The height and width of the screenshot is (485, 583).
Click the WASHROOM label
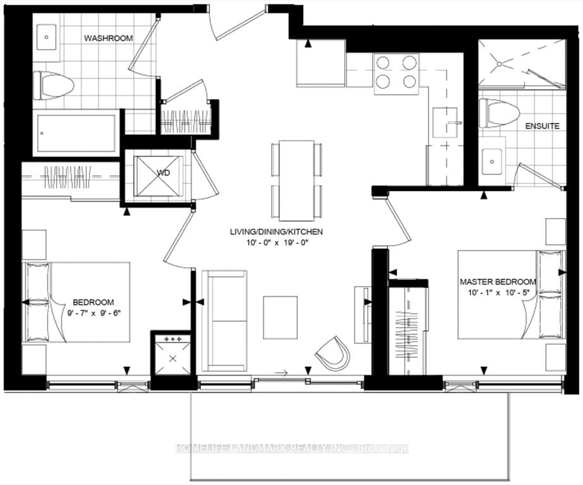(108, 38)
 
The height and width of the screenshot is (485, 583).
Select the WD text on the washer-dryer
(163, 173)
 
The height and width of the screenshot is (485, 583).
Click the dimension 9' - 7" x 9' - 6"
(94, 313)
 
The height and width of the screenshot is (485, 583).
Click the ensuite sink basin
(492, 162)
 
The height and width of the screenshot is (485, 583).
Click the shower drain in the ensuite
(499, 64)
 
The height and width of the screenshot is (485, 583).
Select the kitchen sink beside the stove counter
(445, 122)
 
